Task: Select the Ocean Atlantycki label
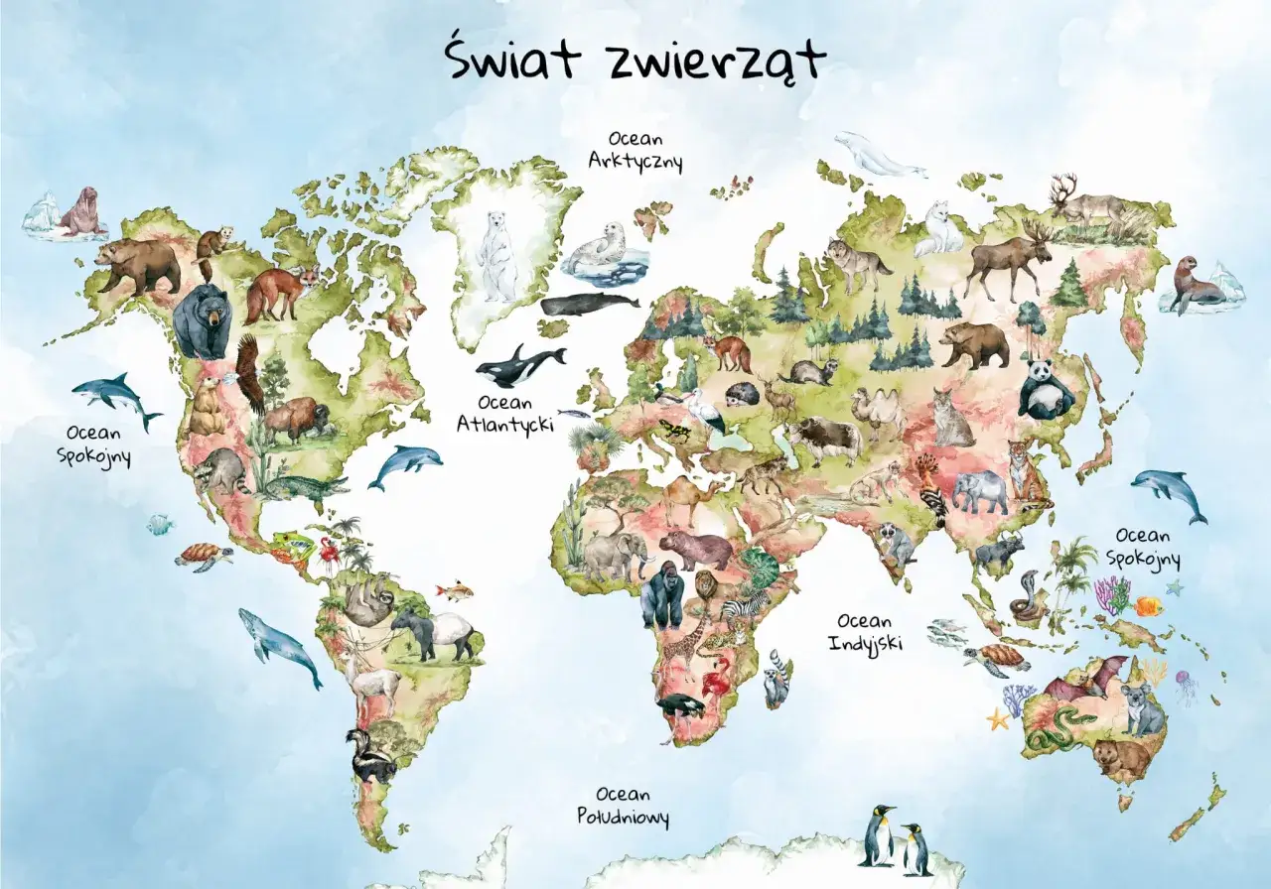pos(505,413)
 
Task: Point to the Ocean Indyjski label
pos(865,631)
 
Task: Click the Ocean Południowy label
pos(623,806)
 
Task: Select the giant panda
pos(1045,388)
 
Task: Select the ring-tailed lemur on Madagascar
pos(777,679)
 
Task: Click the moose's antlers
pos(1037,233)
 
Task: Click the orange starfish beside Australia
pos(997,719)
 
